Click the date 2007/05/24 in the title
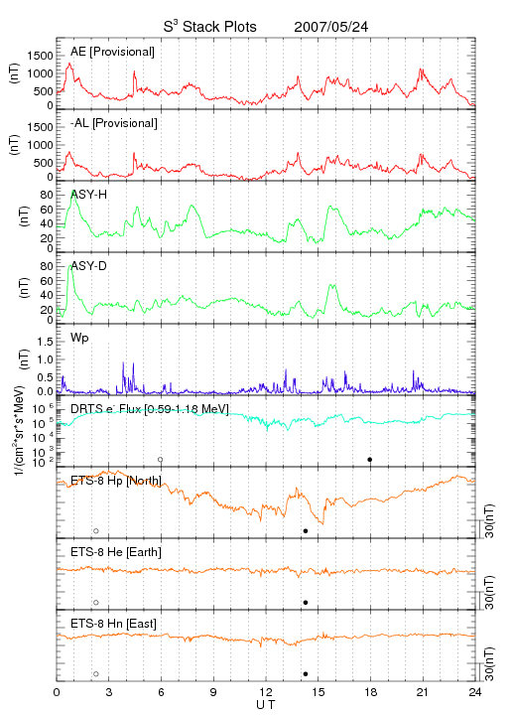[x=330, y=27]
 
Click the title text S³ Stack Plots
[x=210, y=27]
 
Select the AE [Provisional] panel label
[x=112, y=52]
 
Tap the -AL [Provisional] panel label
[x=114, y=123]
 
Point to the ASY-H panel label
[x=89, y=195]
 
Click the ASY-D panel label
[x=89, y=266]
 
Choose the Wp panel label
[x=79, y=339]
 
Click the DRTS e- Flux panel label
[x=150, y=408]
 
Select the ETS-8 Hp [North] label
[x=116, y=481]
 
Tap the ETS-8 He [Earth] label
[x=116, y=552]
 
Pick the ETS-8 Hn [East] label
[x=113, y=624]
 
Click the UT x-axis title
[x=266, y=705]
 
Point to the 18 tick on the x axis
[x=371, y=692]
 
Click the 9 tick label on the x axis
[x=213, y=692]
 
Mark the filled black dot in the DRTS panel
[x=370, y=460]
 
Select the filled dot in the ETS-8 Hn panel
[x=306, y=674]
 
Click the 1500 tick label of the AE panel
[x=40, y=56]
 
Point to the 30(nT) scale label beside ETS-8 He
[x=489, y=592]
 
